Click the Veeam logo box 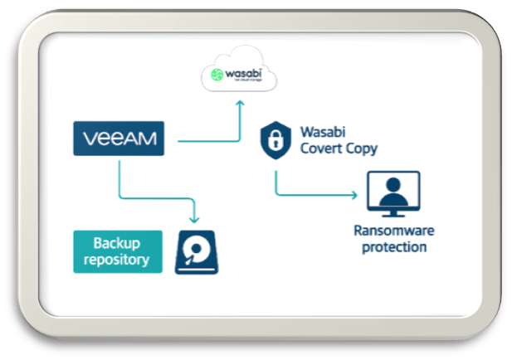(119, 139)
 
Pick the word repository (117, 260)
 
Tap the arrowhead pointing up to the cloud (239, 104)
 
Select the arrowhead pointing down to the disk (195, 219)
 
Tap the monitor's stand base (393, 214)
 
